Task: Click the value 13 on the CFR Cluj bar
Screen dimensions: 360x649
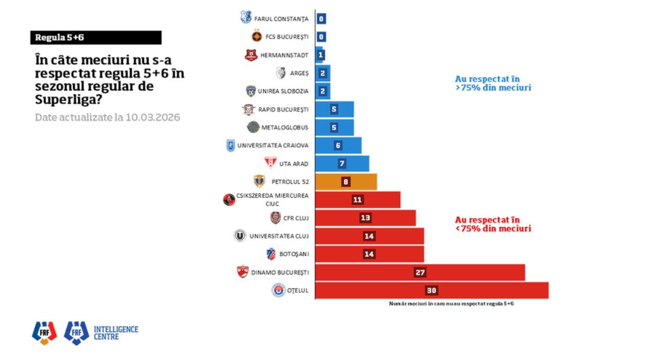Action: tap(366, 218)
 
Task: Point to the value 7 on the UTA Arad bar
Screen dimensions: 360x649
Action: tap(342, 164)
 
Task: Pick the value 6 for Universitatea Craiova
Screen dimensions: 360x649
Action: tap(338, 146)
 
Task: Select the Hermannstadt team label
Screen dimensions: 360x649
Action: tap(284, 55)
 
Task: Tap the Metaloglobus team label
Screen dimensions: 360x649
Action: tap(285, 128)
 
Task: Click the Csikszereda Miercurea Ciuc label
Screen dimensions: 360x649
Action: tap(272, 199)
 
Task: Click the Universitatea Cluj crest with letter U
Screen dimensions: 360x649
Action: tap(240, 236)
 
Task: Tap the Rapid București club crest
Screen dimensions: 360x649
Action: tap(248, 109)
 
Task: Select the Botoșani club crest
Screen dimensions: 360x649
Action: tap(271, 254)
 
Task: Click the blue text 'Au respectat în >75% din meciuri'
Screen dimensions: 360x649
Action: tap(492, 84)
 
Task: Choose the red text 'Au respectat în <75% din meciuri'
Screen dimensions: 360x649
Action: tap(492, 224)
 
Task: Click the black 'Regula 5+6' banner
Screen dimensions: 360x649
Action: tap(96, 38)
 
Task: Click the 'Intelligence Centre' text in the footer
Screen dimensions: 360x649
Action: tap(116, 333)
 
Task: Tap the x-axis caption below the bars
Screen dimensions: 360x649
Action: tap(451, 304)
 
